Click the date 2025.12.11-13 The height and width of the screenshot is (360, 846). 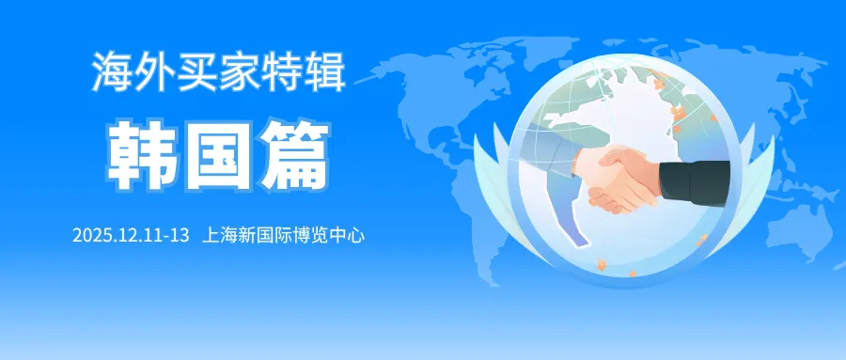coord(131,236)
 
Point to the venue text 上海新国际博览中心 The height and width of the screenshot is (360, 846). coord(283,236)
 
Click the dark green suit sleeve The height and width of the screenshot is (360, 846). coord(695,183)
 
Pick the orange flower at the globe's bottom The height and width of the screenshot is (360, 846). coord(601,264)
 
